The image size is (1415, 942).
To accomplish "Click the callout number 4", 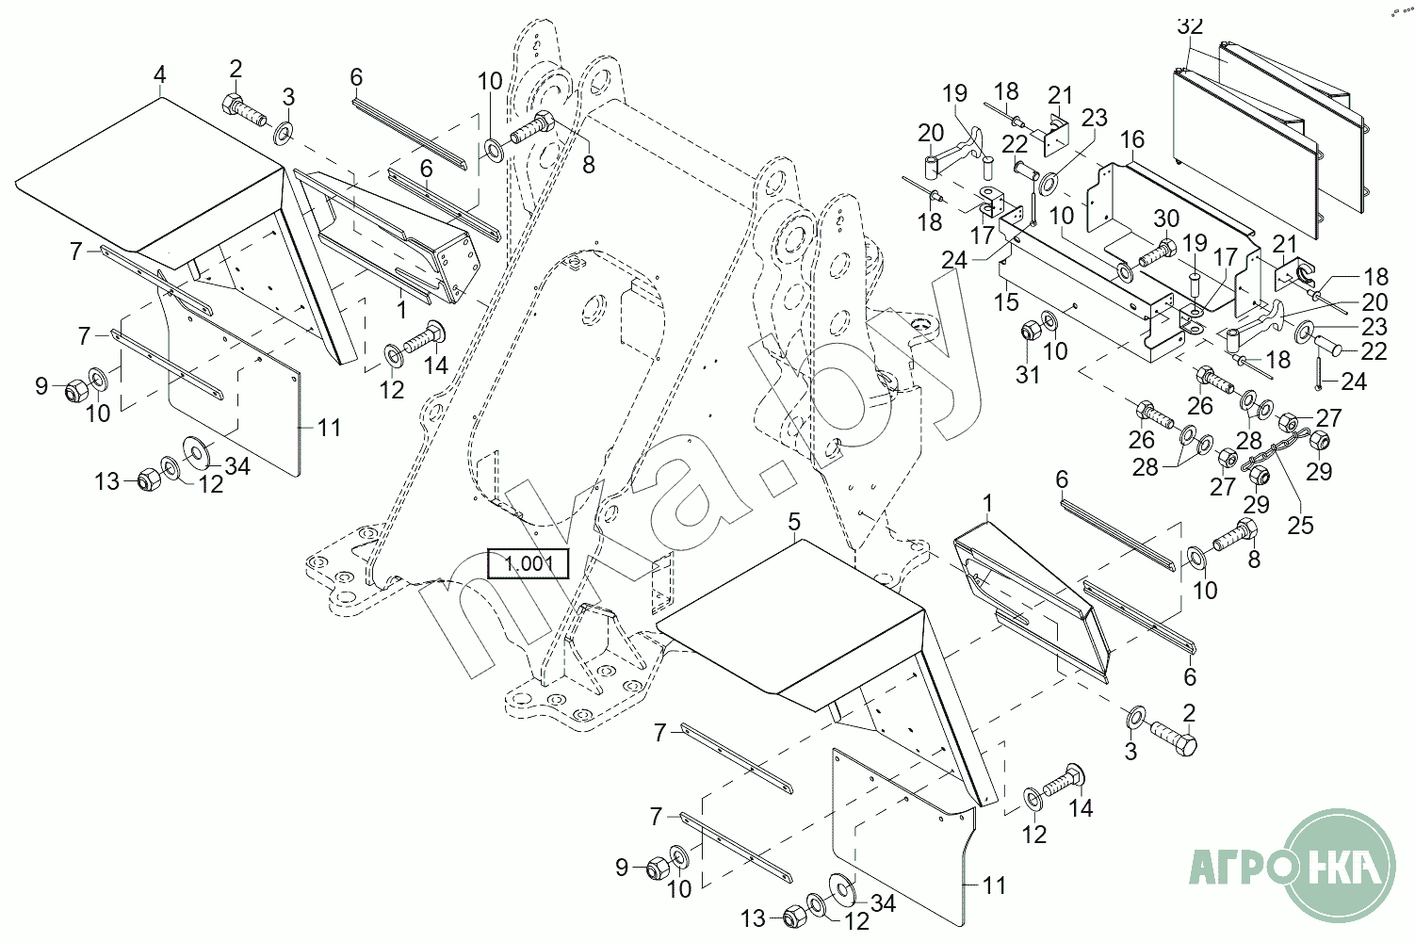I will coord(160,73).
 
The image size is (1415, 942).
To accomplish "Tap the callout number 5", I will coord(794,522).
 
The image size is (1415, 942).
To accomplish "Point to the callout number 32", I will coord(1190,25).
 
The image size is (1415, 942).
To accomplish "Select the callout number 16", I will coord(1131,139).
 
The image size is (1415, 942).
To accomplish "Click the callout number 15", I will coord(1006,301).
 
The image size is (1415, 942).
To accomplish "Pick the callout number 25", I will coord(1300,525).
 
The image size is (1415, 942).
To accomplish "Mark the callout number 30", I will coord(1166,219).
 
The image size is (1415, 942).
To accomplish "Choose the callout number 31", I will coord(1028,374).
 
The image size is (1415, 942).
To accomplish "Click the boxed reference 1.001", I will coord(529,563).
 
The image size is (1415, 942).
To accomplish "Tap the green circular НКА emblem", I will coord(1341,865).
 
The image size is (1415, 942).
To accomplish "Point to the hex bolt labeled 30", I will coord(1155,252).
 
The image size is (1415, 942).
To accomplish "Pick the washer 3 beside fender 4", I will coord(284,130).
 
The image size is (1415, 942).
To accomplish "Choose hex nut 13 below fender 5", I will coord(793,915).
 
